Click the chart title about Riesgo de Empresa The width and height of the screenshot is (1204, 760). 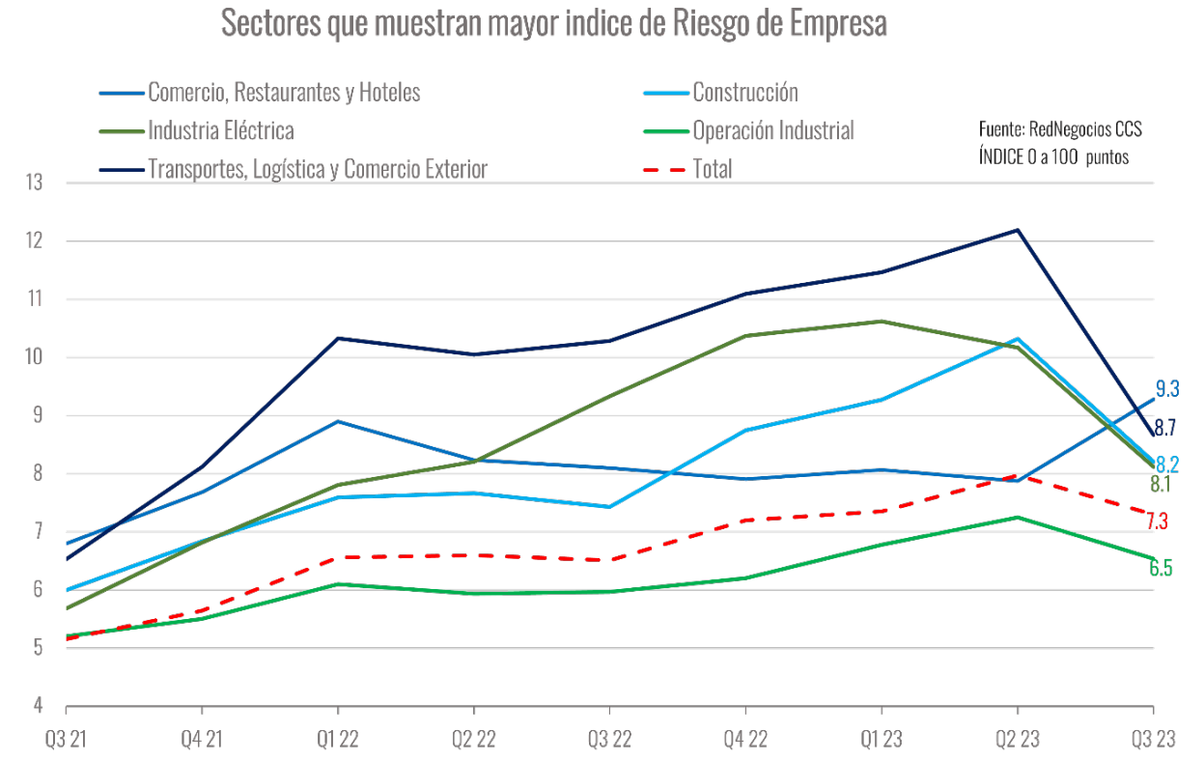click(553, 24)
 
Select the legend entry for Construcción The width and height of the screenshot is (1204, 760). click(744, 93)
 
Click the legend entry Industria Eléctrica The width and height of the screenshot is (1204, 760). click(220, 130)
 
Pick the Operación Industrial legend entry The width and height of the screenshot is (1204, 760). click(772, 130)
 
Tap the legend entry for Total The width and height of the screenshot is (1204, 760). click(712, 169)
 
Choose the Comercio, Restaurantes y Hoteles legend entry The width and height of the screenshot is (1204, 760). click(284, 93)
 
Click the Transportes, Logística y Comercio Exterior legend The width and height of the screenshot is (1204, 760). click(317, 169)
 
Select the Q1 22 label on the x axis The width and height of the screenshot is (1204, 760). click(337, 741)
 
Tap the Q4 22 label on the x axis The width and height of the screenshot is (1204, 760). click(744, 741)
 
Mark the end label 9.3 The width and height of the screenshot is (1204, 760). click(1167, 390)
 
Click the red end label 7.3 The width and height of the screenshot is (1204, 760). click(1158, 521)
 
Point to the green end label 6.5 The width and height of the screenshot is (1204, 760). click(1161, 568)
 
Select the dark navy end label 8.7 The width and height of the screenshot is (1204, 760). click(1165, 427)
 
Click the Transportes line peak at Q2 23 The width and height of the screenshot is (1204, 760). click(1017, 230)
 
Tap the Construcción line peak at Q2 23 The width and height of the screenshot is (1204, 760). click(1017, 339)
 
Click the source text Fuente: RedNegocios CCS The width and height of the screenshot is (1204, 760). click(1060, 129)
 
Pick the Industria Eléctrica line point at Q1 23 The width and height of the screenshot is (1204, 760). click(881, 321)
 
